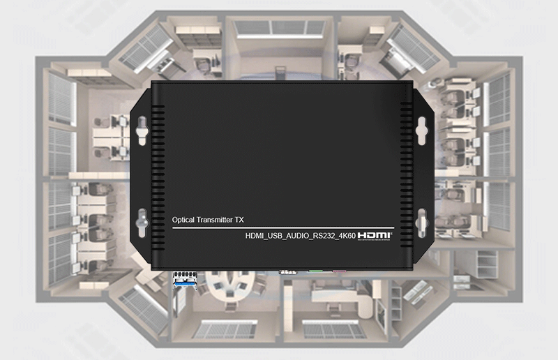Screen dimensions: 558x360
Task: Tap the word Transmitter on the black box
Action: tap(214, 220)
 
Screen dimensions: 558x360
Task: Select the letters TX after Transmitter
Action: tap(239, 220)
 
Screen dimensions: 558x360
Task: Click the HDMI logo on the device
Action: tap(375, 236)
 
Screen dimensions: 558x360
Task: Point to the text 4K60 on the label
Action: tap(347, 236)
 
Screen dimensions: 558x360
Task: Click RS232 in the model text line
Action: tap(324, 236)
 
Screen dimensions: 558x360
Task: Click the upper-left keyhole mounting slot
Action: tap(142, 130)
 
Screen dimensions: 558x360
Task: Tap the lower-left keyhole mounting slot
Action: tap(142, 223)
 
